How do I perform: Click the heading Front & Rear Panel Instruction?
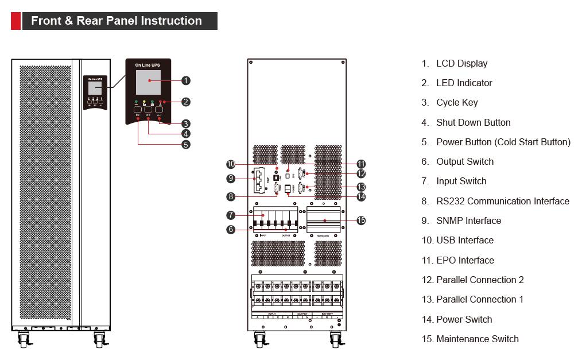pos(117,21)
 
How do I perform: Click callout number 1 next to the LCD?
pos(186,80)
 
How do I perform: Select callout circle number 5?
pos(186,145)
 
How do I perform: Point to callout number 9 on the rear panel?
pos(230,179)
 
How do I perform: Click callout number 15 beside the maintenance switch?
pos(361,220)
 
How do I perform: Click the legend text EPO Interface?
pos(465,260)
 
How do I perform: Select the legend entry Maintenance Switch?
pos(477,339)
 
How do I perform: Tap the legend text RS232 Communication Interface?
pos(503,201)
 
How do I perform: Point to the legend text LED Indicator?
pos(464,83)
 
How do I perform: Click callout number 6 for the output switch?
pos(230,229)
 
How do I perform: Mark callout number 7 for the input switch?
pos(230,215)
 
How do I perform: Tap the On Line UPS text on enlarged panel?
pos(148,65)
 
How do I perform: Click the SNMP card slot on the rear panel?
pos(261,179)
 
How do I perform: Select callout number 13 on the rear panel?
pos(361,187)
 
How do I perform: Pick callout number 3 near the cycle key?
pos(186,123)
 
